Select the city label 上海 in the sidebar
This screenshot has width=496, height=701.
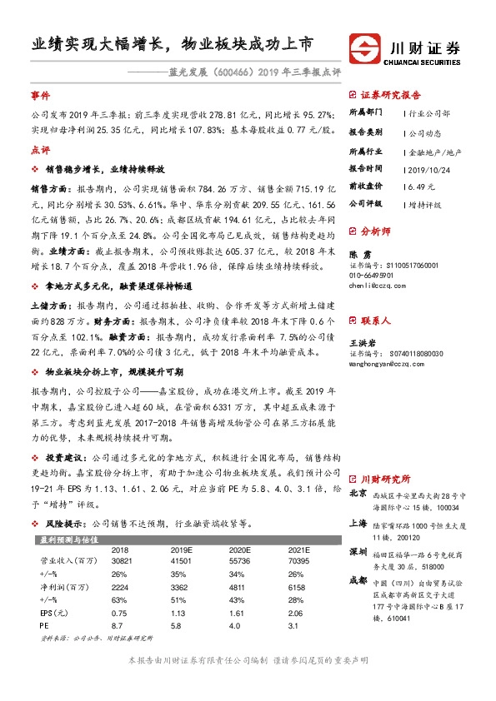click(358, 524)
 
